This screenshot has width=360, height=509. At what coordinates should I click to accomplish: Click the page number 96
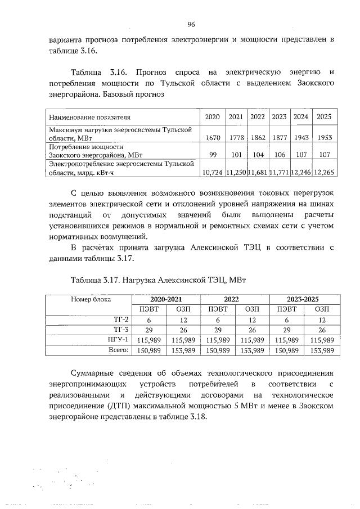[191, 24]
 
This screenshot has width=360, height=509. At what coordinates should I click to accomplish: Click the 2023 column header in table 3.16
[279, 117]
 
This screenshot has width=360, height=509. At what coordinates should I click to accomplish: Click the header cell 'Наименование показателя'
[90, 117]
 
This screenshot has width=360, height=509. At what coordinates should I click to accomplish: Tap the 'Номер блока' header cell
[91, 299]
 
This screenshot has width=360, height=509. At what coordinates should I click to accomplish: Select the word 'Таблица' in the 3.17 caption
[86, 278]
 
